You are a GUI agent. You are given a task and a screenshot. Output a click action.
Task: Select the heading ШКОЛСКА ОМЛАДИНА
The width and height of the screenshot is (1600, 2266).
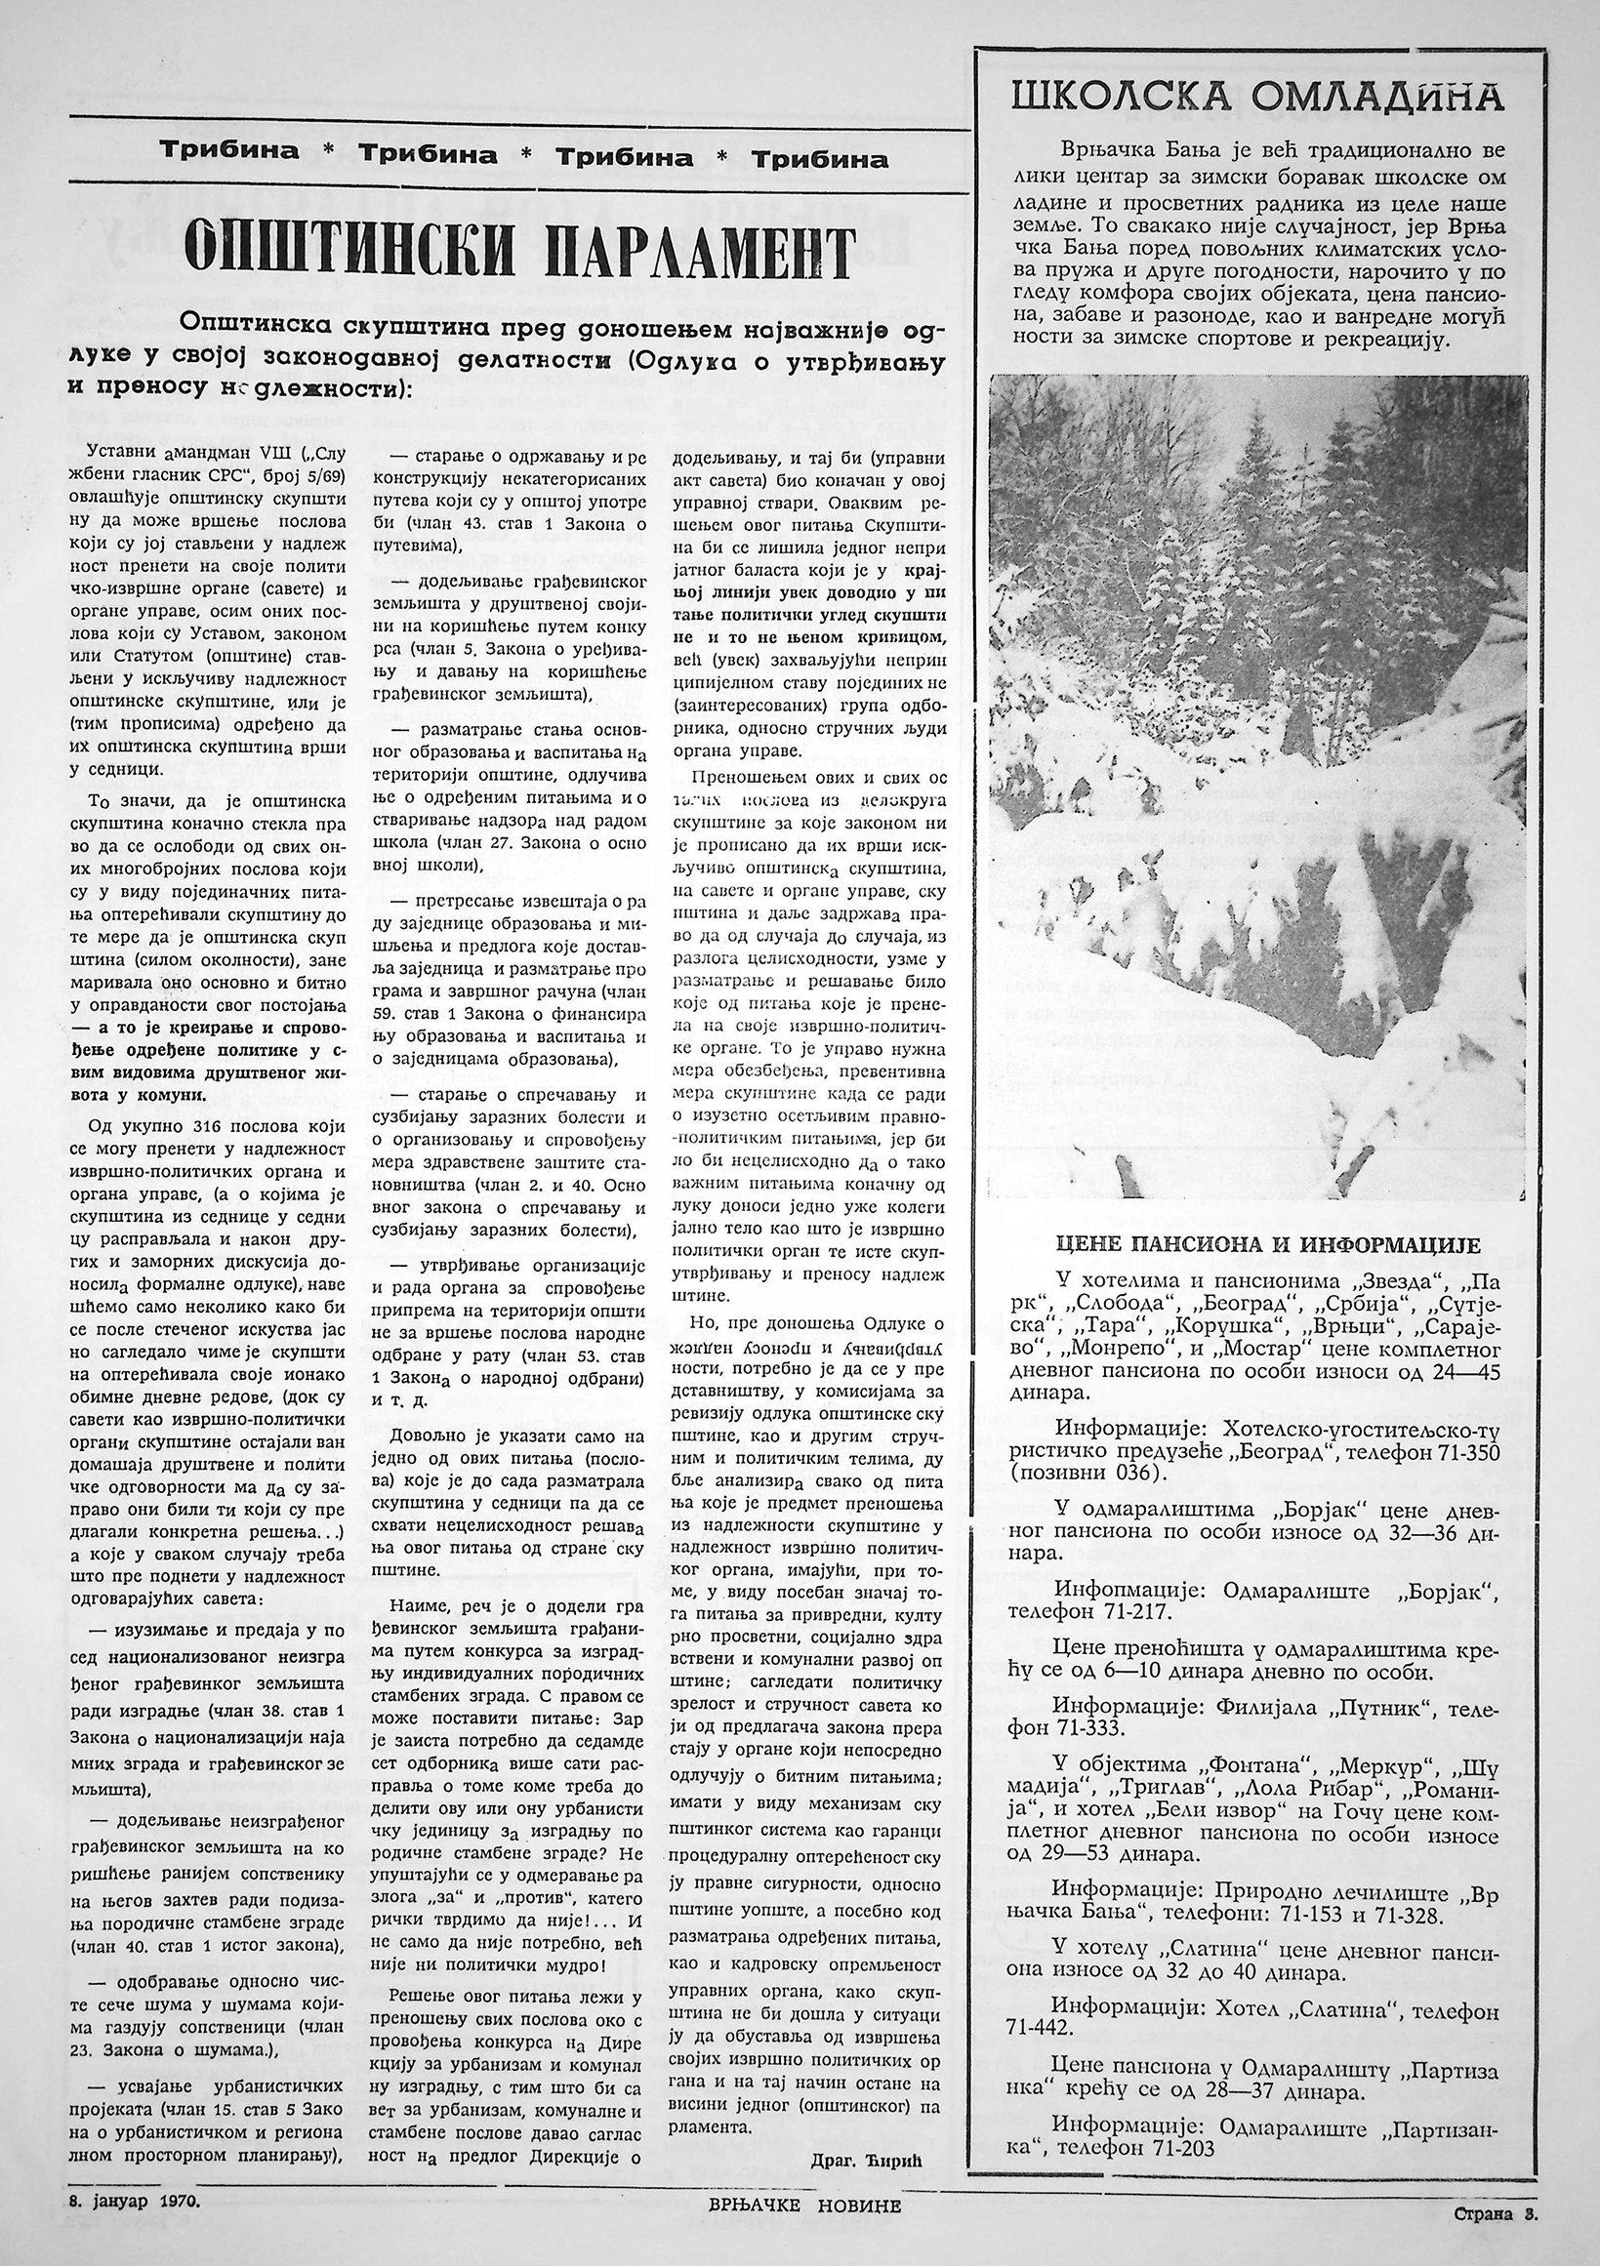click(1257, 98)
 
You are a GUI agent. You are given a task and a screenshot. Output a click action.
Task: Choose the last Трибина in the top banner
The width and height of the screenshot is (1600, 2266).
click(819, 158)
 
